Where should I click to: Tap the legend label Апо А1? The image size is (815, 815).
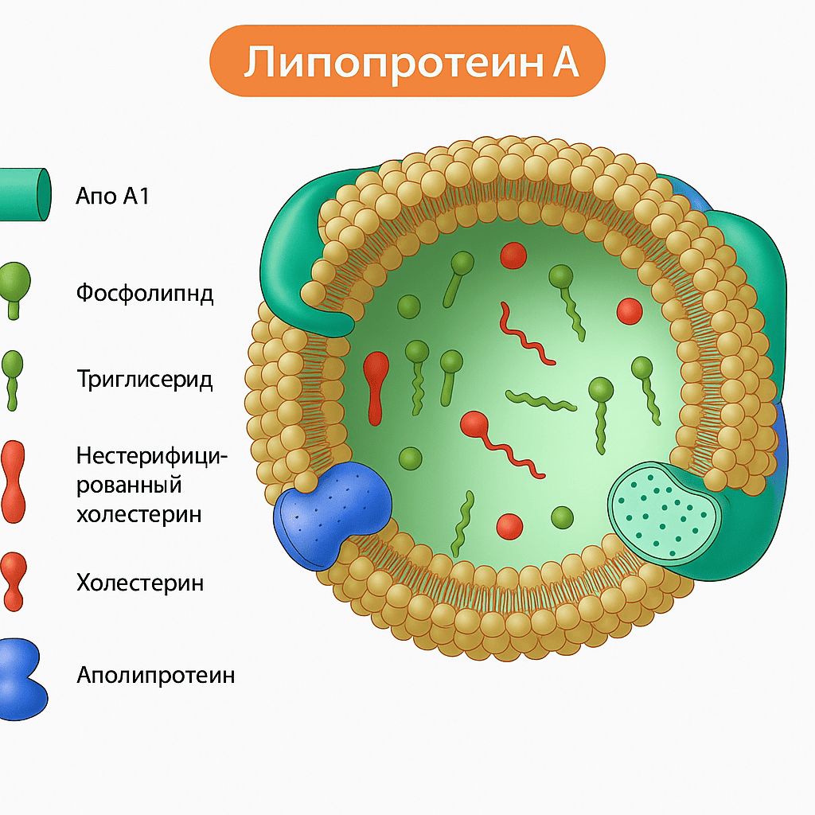tap(112, 195)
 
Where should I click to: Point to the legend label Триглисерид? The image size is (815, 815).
tap(145, 379)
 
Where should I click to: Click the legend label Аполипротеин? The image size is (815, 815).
tap(156, 676)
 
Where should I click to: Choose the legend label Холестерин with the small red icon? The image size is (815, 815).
tap(140, 583)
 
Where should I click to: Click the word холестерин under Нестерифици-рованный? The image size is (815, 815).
tap(139, 513)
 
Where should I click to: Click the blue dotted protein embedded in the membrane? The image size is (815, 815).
tap(333, 513)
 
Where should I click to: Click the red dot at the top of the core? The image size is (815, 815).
tap(513, 255)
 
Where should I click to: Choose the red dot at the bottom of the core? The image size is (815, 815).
tap(509, 525)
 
